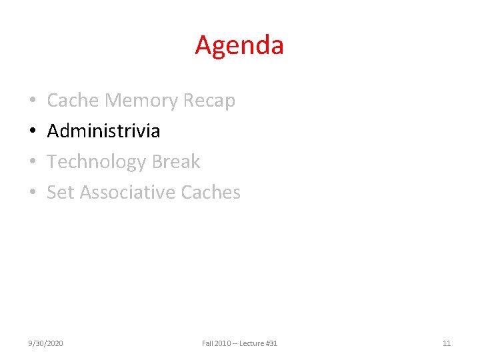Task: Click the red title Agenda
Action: [239, 45]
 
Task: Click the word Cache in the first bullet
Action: [73, 101]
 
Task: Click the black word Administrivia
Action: [103, 131]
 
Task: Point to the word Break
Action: [176, 161]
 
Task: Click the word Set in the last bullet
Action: [61, 192]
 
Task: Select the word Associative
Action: [127, 192]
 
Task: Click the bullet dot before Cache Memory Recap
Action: [33, 101]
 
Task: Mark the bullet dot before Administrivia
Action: [33, 131]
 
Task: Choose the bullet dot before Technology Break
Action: [33, 162]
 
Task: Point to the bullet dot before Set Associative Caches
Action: [33, 193]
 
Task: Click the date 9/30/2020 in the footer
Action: [46, 343]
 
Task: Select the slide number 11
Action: [447, 343]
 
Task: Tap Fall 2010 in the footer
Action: [218, 343]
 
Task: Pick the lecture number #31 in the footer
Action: [272, 343]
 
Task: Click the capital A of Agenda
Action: [203, 45]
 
